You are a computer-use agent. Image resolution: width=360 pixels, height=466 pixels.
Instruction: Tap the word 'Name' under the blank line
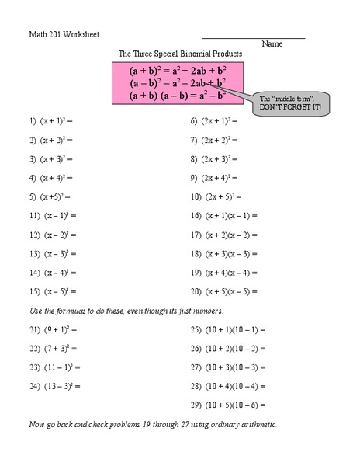[x=272, y=44]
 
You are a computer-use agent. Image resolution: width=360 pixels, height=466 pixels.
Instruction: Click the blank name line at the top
[x=254, y=37]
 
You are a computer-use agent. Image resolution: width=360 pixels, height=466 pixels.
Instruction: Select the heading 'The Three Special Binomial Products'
[x=180, y=54]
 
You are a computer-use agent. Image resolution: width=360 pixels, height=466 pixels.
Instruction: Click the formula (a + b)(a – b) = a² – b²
[x=178, y=96]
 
